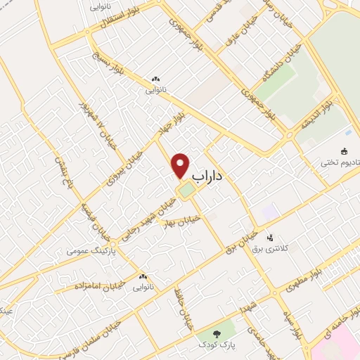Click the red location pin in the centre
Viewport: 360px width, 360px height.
(x=181, y=166)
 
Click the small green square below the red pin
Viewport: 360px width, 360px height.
(x=186, y=191)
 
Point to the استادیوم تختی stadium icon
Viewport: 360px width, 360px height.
(x=344, y=150)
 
